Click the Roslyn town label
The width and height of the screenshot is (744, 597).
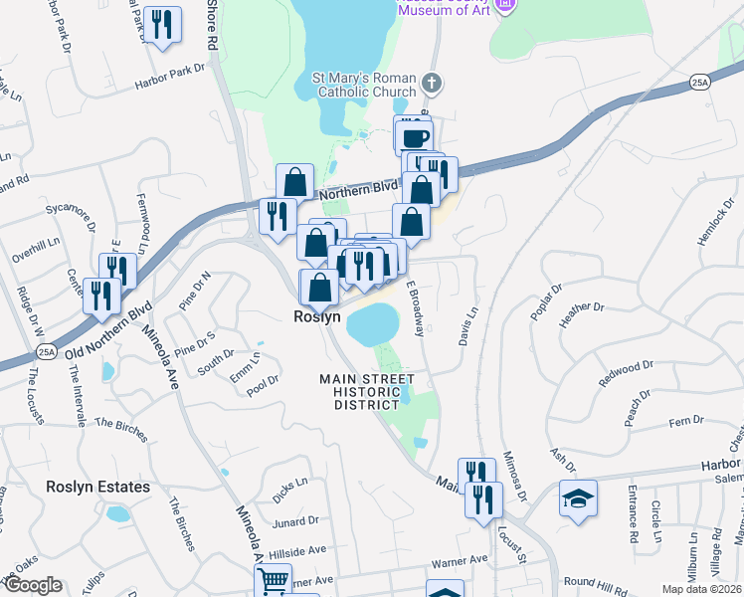(317, 316)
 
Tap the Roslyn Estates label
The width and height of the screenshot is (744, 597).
(97, 487)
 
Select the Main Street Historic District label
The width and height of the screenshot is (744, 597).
(367, 392)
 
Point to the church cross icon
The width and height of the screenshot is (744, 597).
(430, 83)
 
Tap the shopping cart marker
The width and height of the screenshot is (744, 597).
(272, 580)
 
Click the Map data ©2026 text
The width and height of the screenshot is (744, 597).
(701, 589)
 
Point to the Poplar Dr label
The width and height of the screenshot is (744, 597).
(546, 300)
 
